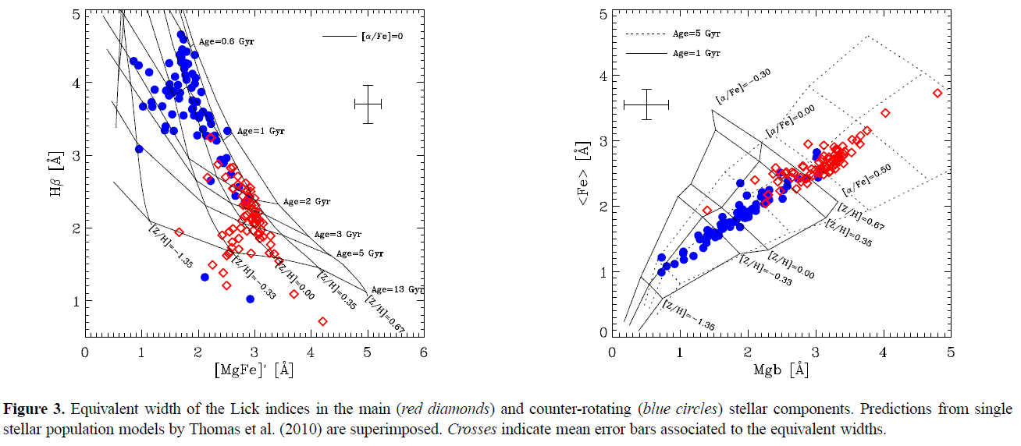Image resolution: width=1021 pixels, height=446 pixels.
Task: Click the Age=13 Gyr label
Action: [397, 289]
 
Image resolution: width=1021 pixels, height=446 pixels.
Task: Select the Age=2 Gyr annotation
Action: [306, 201]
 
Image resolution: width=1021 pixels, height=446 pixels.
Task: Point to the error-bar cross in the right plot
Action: [646, 104]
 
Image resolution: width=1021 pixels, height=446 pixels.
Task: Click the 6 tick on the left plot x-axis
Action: [423, 353]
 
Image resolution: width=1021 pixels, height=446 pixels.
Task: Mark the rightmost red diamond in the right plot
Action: [937, 94]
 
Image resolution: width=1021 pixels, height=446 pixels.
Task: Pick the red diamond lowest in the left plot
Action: [323, 320]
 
